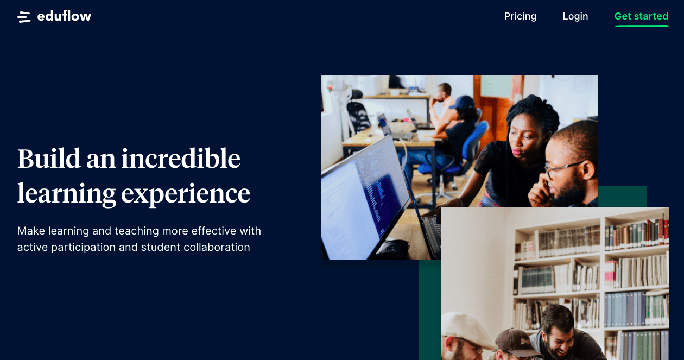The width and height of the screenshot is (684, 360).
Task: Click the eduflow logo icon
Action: point(24,17)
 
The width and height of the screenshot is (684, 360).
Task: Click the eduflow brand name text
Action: point(64,16)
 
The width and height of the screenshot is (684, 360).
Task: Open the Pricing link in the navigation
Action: point(520,16)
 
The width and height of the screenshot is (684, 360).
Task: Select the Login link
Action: point(575,16)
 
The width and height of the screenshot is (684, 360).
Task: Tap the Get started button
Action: point(641,16)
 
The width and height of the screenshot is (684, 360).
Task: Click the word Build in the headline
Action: point(49,158)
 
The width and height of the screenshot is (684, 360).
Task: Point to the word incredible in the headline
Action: point(181,158)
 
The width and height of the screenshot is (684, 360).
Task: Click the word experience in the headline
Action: point(186,194)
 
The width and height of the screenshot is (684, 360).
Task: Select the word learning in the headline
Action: point(67,194)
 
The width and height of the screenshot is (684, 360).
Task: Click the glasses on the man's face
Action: point(563,169)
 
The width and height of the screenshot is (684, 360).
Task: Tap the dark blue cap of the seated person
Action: point(463,103)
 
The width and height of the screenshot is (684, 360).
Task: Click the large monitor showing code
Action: point(365,199)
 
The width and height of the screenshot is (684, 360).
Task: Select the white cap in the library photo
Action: point(466,329)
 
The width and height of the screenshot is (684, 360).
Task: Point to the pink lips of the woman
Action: point(517,151)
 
